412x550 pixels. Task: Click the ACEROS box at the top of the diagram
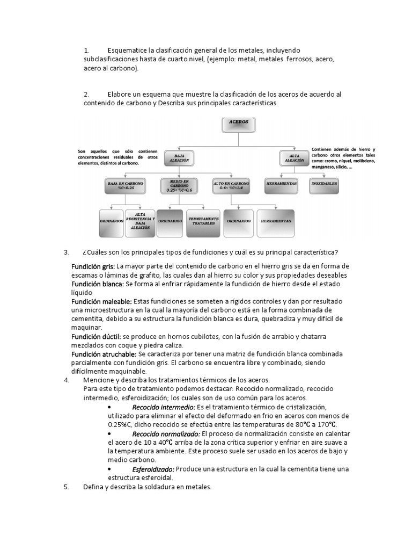[x=239, y=125]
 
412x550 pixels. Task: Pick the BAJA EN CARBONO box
[x=124, y=186]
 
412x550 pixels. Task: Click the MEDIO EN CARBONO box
[x=179, y=186]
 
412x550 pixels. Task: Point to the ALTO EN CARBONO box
[x=231, y=186]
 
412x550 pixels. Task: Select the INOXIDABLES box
[x=324, y=183]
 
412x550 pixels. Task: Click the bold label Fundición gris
[x=93, y=266]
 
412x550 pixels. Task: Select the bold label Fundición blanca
[x=97, y=284]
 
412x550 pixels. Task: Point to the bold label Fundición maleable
[x=101, y=301]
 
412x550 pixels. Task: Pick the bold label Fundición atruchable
[x=104, y=354]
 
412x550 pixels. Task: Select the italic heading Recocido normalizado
[x=166, y=433]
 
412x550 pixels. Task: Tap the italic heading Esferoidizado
[x=153, y=468]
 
